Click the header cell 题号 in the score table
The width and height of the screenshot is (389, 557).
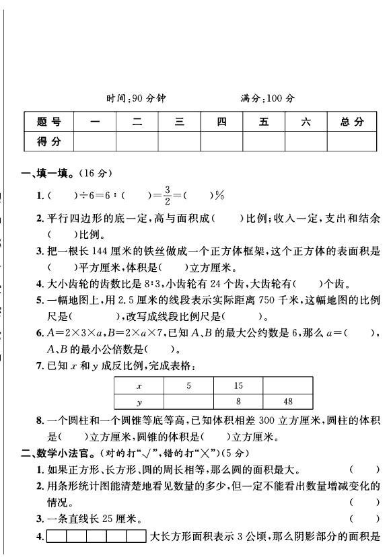click(48, 122)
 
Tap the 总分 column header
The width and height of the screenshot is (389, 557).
click(352, 122)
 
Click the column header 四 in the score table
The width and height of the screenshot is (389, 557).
click(221, 122)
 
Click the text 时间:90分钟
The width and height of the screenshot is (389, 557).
click(136, 98)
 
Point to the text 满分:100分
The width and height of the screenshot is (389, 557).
click(268, 98)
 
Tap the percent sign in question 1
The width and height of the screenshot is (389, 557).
click(219, 196)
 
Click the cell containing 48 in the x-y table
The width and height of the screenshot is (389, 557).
click(287, 402)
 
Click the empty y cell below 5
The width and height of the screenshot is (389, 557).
click(189, 402)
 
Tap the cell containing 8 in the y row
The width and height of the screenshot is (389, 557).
click(238, 402)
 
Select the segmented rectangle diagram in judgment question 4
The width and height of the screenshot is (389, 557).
click(97, 536)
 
